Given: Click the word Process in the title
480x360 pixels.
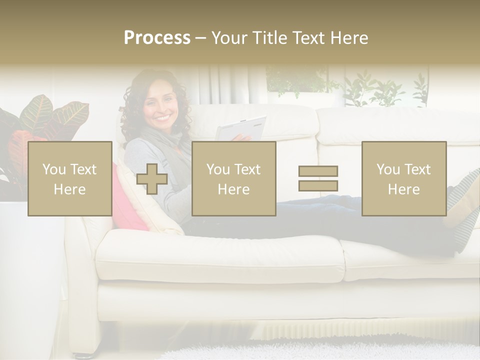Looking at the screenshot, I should pyautogui.click(x=157, y=38).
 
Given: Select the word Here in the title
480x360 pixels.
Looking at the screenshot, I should pyautogui.click(x=348, y=38).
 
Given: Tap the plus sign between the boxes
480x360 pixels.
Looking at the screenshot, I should pyautogui.click(x=152, y=179).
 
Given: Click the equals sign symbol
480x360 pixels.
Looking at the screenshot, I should pyautogui.click(x=318, y=178).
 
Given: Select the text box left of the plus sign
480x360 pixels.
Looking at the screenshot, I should pyautogui.click(x=70, y=179).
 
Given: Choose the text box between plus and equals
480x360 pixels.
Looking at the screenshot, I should pyautogui.click(x=233, y=179).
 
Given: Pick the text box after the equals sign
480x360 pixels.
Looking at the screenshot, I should pyautogui.click(x=403, y=179).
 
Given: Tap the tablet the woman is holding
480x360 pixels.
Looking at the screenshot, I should pyautogui.click(x=241, y=129).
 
